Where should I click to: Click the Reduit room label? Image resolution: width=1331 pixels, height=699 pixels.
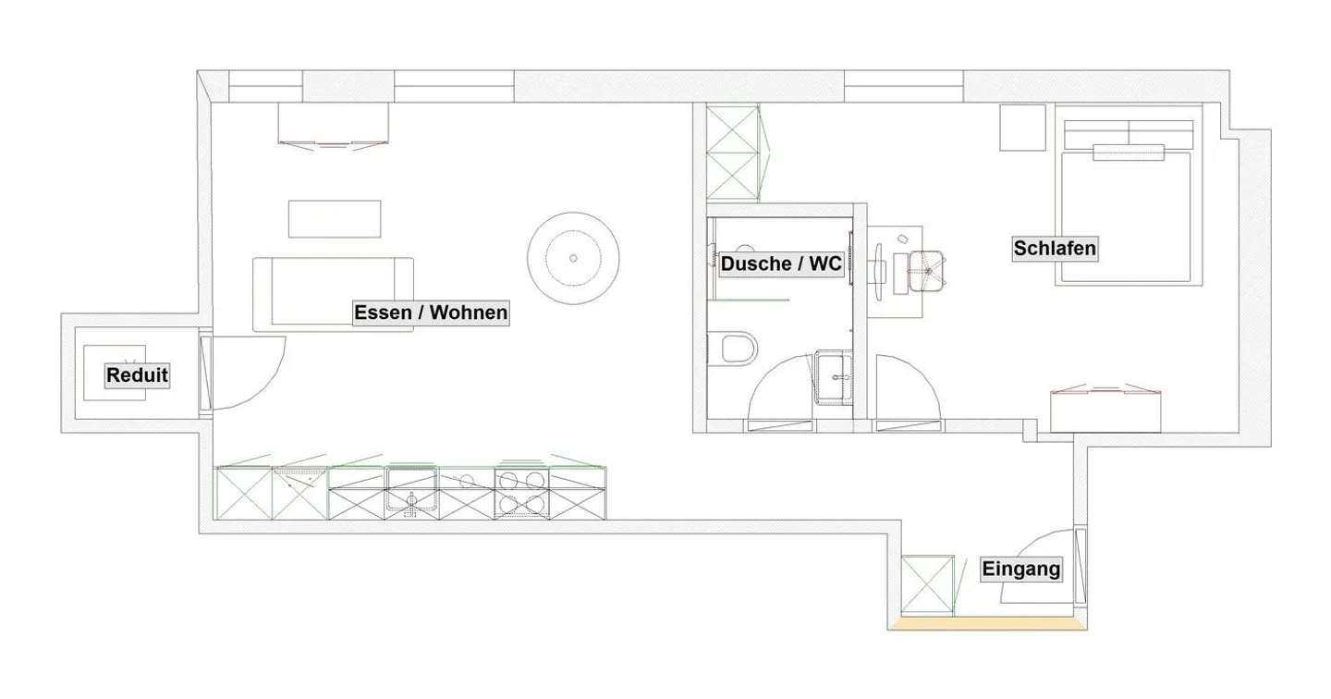pos(137,375)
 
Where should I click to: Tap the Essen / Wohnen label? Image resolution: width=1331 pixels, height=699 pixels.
pos(431,313)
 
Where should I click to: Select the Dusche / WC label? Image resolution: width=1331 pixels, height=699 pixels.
pos(781,264)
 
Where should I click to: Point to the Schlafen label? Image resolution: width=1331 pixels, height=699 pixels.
pos(1055,248)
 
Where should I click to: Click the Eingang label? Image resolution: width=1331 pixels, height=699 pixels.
pos(1020,569)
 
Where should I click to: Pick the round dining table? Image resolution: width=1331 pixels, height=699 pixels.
pos(573,258)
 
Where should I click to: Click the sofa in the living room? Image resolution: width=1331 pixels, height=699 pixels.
pos(333,293)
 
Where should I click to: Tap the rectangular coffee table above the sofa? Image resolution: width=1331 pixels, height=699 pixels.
pos(335,219)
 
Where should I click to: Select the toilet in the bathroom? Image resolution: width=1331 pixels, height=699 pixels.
pos(737,349)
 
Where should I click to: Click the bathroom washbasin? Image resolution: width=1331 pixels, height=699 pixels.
pos(839,377)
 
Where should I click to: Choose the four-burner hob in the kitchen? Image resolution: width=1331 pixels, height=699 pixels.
pos(521,491)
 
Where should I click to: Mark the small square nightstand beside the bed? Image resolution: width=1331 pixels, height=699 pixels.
pos(1022,128)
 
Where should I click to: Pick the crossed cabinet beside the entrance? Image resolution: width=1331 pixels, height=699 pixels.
pos(927,584)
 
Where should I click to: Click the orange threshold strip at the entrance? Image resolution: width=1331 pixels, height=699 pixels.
pos(987,624)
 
